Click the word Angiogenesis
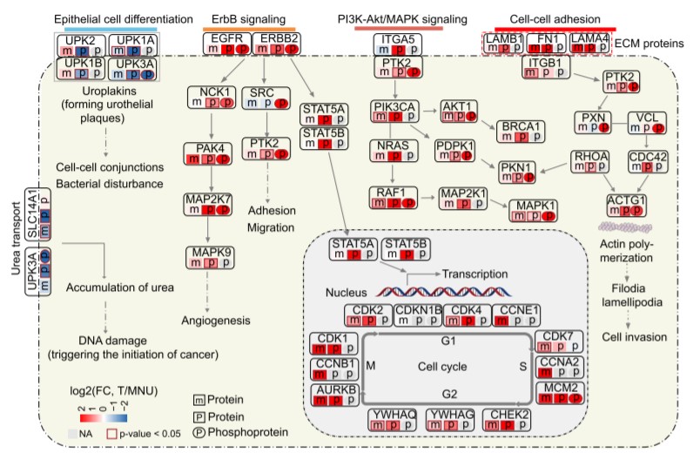point(211,321)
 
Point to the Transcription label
point(473,272)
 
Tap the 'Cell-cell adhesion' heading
point(548,18)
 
